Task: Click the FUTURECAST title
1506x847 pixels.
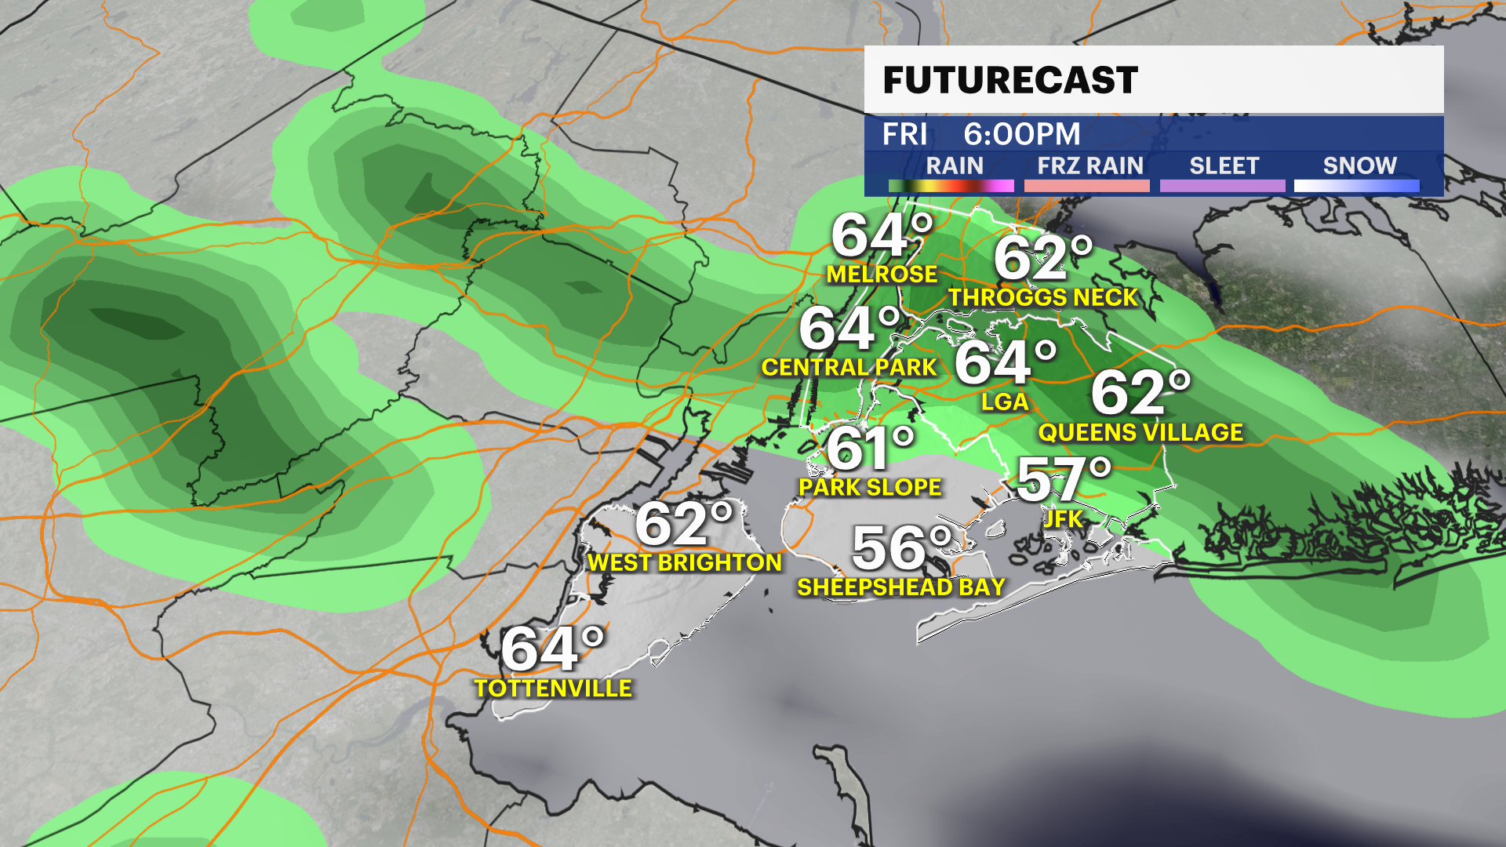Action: [x=1010, y=80]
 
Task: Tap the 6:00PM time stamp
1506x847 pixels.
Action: [x=1021, y=134]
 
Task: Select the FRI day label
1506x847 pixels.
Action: [x=904, y=134]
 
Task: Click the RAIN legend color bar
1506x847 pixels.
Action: [x=951, y=186]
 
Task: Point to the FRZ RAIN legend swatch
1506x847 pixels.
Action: [x=1086, y=186]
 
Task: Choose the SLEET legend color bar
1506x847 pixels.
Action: [x=1222, y=186]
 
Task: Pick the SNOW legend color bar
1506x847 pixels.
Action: [x=1356, y=186]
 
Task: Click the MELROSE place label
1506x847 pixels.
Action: [x=882, y=274]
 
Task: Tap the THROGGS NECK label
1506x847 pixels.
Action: [x=1042, y=298]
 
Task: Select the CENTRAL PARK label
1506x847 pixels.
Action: [x=849, y=367]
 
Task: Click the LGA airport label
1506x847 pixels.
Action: [x=1004, y=402]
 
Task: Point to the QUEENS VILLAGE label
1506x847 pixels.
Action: [x=1140, y=432]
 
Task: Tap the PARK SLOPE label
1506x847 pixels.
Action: [x=870, y=487]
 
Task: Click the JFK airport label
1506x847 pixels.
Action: [x=1063, y=518]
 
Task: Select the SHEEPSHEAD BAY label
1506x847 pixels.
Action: [x=900, y=587]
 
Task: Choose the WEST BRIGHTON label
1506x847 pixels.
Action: [x=685, y=562]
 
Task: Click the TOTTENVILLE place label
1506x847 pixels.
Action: [x=553, y=689]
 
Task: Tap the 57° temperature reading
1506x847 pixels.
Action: [x=1063, y=479]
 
